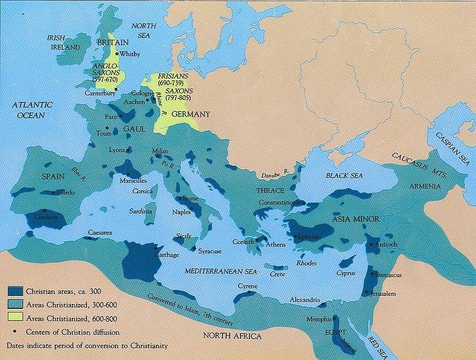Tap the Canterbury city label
(98, 93)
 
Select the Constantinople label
(281, 203)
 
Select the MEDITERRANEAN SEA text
(220, 271)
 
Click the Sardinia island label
(143, 211)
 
